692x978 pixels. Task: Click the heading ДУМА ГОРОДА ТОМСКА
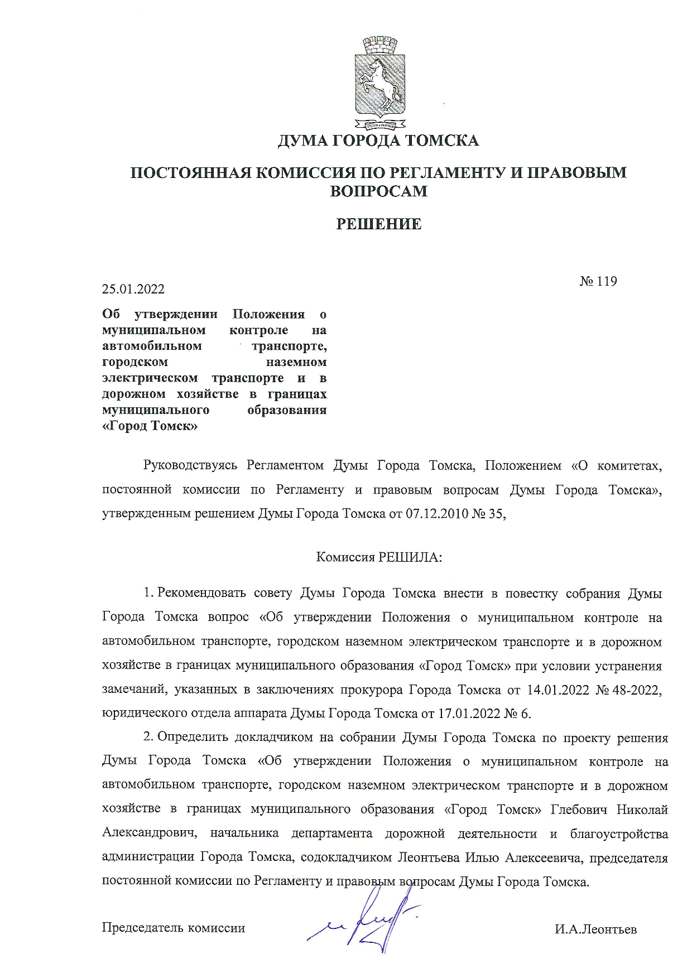(x=378, y=141)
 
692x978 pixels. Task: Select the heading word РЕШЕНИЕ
(x=378, y=224)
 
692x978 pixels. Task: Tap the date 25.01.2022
(x=133, y=289)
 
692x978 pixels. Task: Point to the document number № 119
(x=598, y=281)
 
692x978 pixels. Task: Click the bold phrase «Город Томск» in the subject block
(x=151, y=426)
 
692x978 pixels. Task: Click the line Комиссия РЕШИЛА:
(x=379, y=557)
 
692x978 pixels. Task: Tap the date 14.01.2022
(x=558, y=690)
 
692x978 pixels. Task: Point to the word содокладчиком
(x=345, y=857)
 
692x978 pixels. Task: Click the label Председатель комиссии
(x=174, y=928)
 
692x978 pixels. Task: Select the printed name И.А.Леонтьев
(x=595, y=930)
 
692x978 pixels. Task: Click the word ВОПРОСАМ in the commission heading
(x=378, y=191)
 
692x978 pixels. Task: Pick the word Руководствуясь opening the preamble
(x=191, y=466)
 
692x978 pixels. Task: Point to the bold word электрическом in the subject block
(x=150, y=378)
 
